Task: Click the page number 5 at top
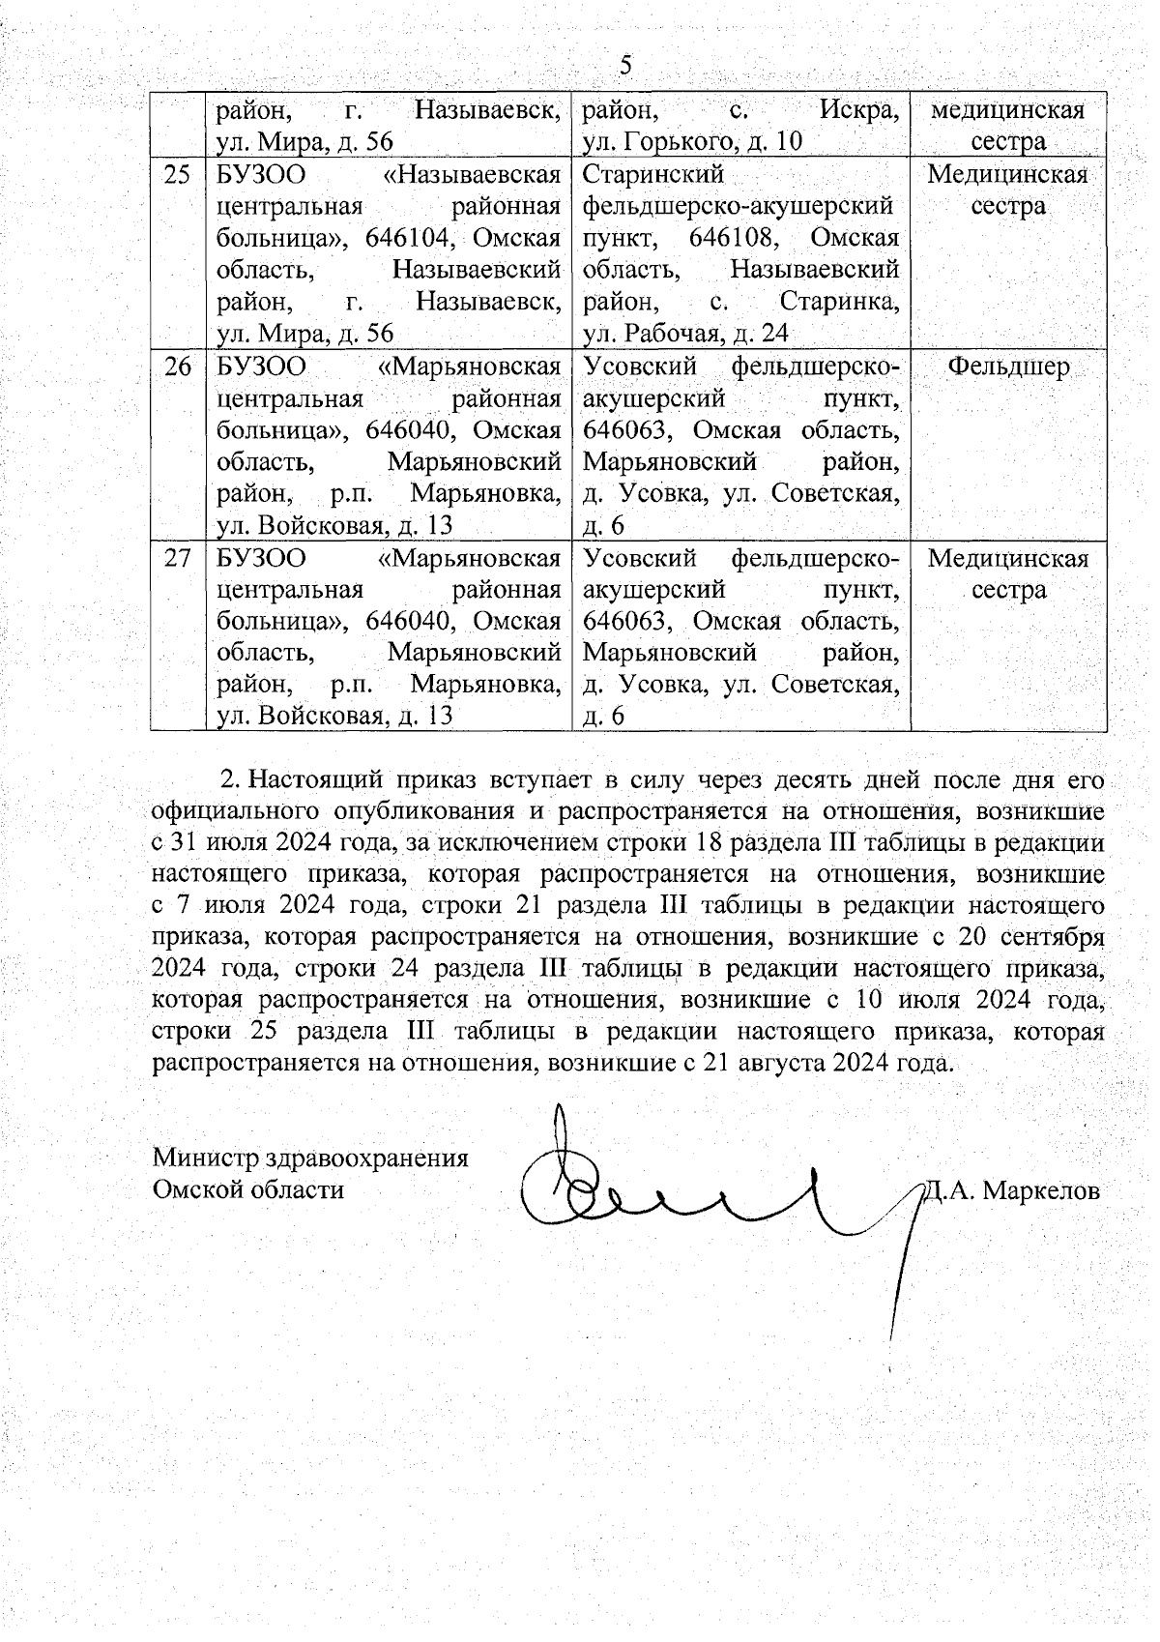click(625, 66)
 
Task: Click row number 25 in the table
click(177, 175)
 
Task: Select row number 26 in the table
click(177, 367)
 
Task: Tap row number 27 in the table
click(177, 558)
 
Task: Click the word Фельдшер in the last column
click(1008, 367)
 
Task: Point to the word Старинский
click(653, 175)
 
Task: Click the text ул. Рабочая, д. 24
click(685, 334)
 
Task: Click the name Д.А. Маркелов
click(1011, 1190)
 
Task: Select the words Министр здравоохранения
click(310, 1158)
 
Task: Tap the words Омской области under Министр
click(248, 1188)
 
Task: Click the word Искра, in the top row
click(858, 110)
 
